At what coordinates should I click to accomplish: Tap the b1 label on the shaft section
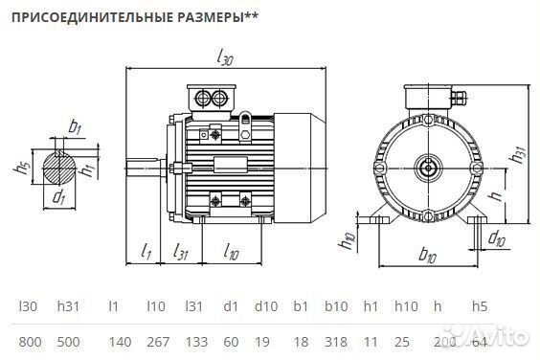(75, 126)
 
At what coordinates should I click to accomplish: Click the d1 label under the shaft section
(58, 198)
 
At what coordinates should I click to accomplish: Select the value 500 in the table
(69, 342)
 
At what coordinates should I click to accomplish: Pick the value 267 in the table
(156, 342)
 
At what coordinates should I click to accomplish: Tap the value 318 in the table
(336, 342)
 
